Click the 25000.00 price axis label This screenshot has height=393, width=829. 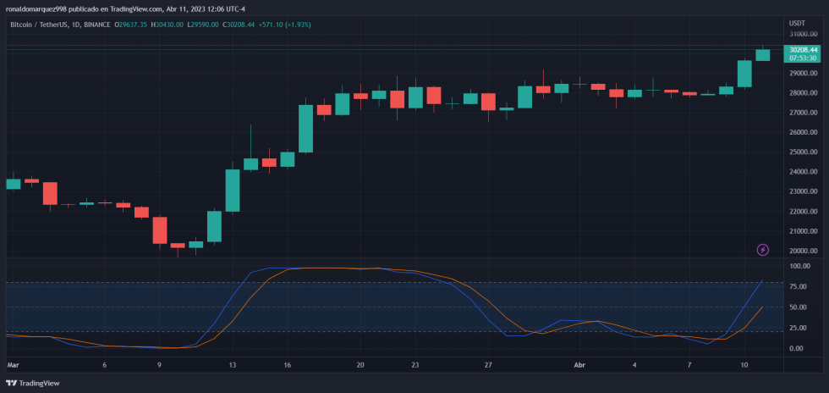point(803,152)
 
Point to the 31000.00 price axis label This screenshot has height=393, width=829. point(803,34)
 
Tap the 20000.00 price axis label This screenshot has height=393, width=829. point(803,252)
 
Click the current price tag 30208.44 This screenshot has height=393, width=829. point(802,50)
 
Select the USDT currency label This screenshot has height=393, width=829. point(797,23)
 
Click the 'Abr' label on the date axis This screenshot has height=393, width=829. point(579,365)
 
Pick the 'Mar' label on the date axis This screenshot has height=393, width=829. point(13,365)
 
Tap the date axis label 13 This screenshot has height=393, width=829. point(231,365)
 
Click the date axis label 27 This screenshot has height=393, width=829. point(488,365)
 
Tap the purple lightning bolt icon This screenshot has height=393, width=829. point(763,250)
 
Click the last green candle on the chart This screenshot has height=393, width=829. point(763,55)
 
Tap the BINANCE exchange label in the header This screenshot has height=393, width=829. point(98,25)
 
